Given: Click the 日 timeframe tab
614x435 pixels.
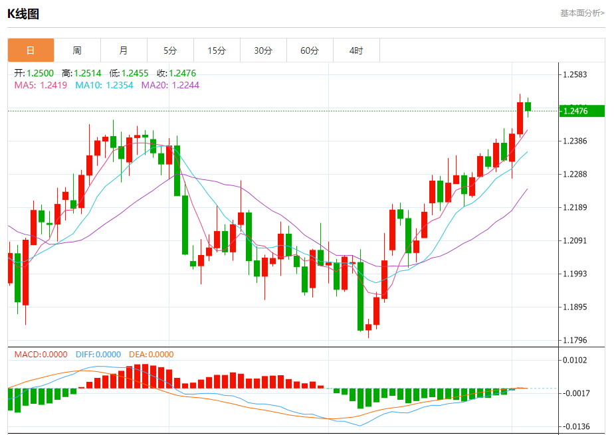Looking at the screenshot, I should coord(31,50).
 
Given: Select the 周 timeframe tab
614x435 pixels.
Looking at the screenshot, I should coord(77,50).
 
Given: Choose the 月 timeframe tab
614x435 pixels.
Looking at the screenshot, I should coord(124,50).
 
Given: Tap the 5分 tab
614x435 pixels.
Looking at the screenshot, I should coord(170,50).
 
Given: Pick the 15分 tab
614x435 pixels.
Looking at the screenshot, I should coord(217,50).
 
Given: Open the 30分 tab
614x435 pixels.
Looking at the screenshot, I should coord(263,50).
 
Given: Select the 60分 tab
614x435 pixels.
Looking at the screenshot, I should coord(310,50).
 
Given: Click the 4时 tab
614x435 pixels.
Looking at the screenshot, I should coord(356,50).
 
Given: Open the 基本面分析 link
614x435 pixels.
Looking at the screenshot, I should coord(582,13).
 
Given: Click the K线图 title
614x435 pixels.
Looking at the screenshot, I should coord(23,13).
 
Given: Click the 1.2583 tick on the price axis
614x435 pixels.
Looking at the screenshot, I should coord(575,75).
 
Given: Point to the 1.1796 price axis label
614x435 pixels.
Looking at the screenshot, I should coord(575,341).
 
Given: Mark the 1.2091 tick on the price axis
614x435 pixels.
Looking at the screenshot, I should coord(575,241).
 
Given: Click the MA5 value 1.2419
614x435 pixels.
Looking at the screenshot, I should coord(53,85).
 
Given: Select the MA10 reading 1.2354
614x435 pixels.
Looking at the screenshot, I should coord(120,85).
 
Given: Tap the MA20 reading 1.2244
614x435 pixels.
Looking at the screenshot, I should coord(185,85).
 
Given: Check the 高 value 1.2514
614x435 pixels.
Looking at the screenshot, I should coord(88,73).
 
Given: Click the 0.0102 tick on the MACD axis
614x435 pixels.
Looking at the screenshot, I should coord(575,360).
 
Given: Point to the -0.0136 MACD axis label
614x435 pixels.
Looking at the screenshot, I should coord(575,426).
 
